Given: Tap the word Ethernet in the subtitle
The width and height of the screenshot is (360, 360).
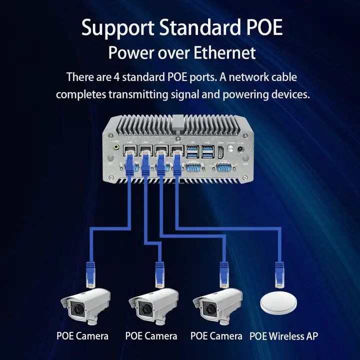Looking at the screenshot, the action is (x=224, y=52).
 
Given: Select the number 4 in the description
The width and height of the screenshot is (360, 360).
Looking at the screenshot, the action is (x=116, y=77).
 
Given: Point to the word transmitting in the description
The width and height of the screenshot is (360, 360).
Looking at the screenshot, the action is (x=138, y=94).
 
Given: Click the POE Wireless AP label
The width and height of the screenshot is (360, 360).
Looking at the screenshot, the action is (x=284, y=336).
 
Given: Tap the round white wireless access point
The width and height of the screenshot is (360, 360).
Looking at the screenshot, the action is (x=278, y=303).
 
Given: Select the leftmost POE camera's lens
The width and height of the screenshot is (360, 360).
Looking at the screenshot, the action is (x=77, y=310).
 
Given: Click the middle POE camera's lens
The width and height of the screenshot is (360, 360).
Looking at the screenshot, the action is (x=145, y=310).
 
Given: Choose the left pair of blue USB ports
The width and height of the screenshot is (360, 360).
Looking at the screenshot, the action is (x=193, y=152).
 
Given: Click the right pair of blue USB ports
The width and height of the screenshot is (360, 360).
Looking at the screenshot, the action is (x=208, y=152).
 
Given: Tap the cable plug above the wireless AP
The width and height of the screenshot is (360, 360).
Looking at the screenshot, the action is (x=279, y=274).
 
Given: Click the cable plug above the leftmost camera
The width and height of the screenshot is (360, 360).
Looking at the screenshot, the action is (x=90, y=274).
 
